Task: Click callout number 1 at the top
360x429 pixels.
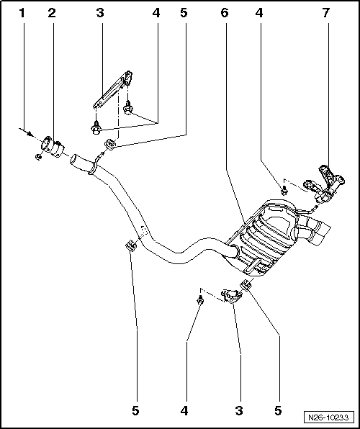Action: tap(22, 13)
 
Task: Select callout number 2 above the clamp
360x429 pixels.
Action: tap(51, 13)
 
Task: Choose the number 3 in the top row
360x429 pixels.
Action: tap(100, 13)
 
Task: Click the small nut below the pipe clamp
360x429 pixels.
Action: tap(38, 156)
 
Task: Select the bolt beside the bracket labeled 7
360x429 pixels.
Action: tap(284, 190)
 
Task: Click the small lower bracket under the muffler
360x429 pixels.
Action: tap(230, 295)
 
